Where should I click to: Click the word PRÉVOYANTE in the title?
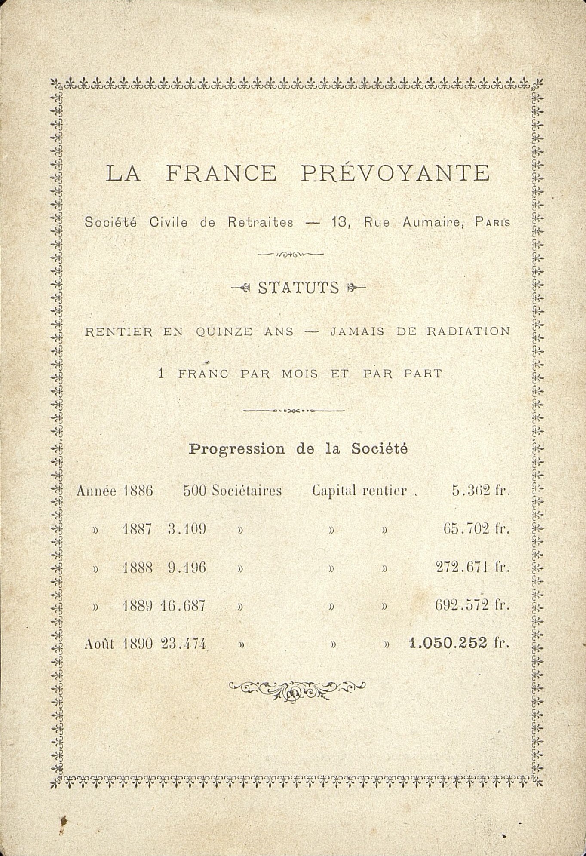click(395, 173)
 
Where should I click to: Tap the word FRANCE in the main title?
click(221, 173)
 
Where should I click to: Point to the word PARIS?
click(493, 223)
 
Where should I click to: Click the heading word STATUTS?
click(298, 288)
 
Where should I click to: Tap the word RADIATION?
click(468, 332)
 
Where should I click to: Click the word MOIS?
click(300, 374)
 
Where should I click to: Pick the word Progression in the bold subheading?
click(237, 449)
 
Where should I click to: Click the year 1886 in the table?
click(138, 491)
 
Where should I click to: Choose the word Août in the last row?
click(99, 644)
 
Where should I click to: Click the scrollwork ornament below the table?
click(297, 690)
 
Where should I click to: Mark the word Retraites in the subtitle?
click(261, 222)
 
